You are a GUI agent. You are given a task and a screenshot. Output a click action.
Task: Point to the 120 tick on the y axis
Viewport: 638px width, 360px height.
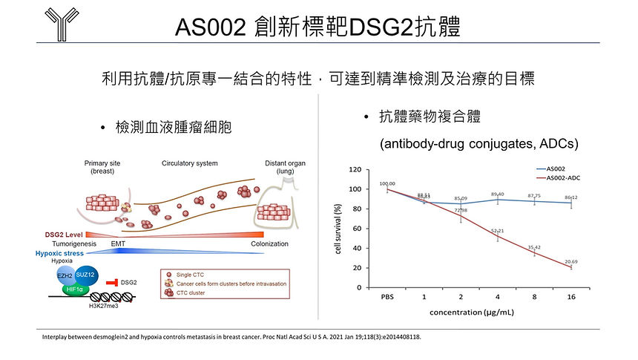tap(355, 170)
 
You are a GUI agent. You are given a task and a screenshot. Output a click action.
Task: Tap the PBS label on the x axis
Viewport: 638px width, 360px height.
tap(386, 297)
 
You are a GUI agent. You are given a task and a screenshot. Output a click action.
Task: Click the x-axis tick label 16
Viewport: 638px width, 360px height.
tap(571, 297)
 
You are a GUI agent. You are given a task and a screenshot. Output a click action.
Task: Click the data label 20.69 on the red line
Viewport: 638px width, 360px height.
tap(571, 262)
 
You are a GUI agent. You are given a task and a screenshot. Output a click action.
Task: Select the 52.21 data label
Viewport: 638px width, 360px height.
tap(497, 231)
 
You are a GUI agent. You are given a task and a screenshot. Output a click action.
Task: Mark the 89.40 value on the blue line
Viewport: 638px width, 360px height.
tap(497, 194)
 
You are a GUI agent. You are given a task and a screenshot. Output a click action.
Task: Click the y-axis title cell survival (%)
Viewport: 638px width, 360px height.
tap(338, 229)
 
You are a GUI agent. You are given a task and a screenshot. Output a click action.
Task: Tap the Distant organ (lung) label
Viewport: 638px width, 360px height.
tap(285, 167)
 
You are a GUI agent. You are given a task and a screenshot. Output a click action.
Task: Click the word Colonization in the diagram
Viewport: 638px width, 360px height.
tap(269, 243)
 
